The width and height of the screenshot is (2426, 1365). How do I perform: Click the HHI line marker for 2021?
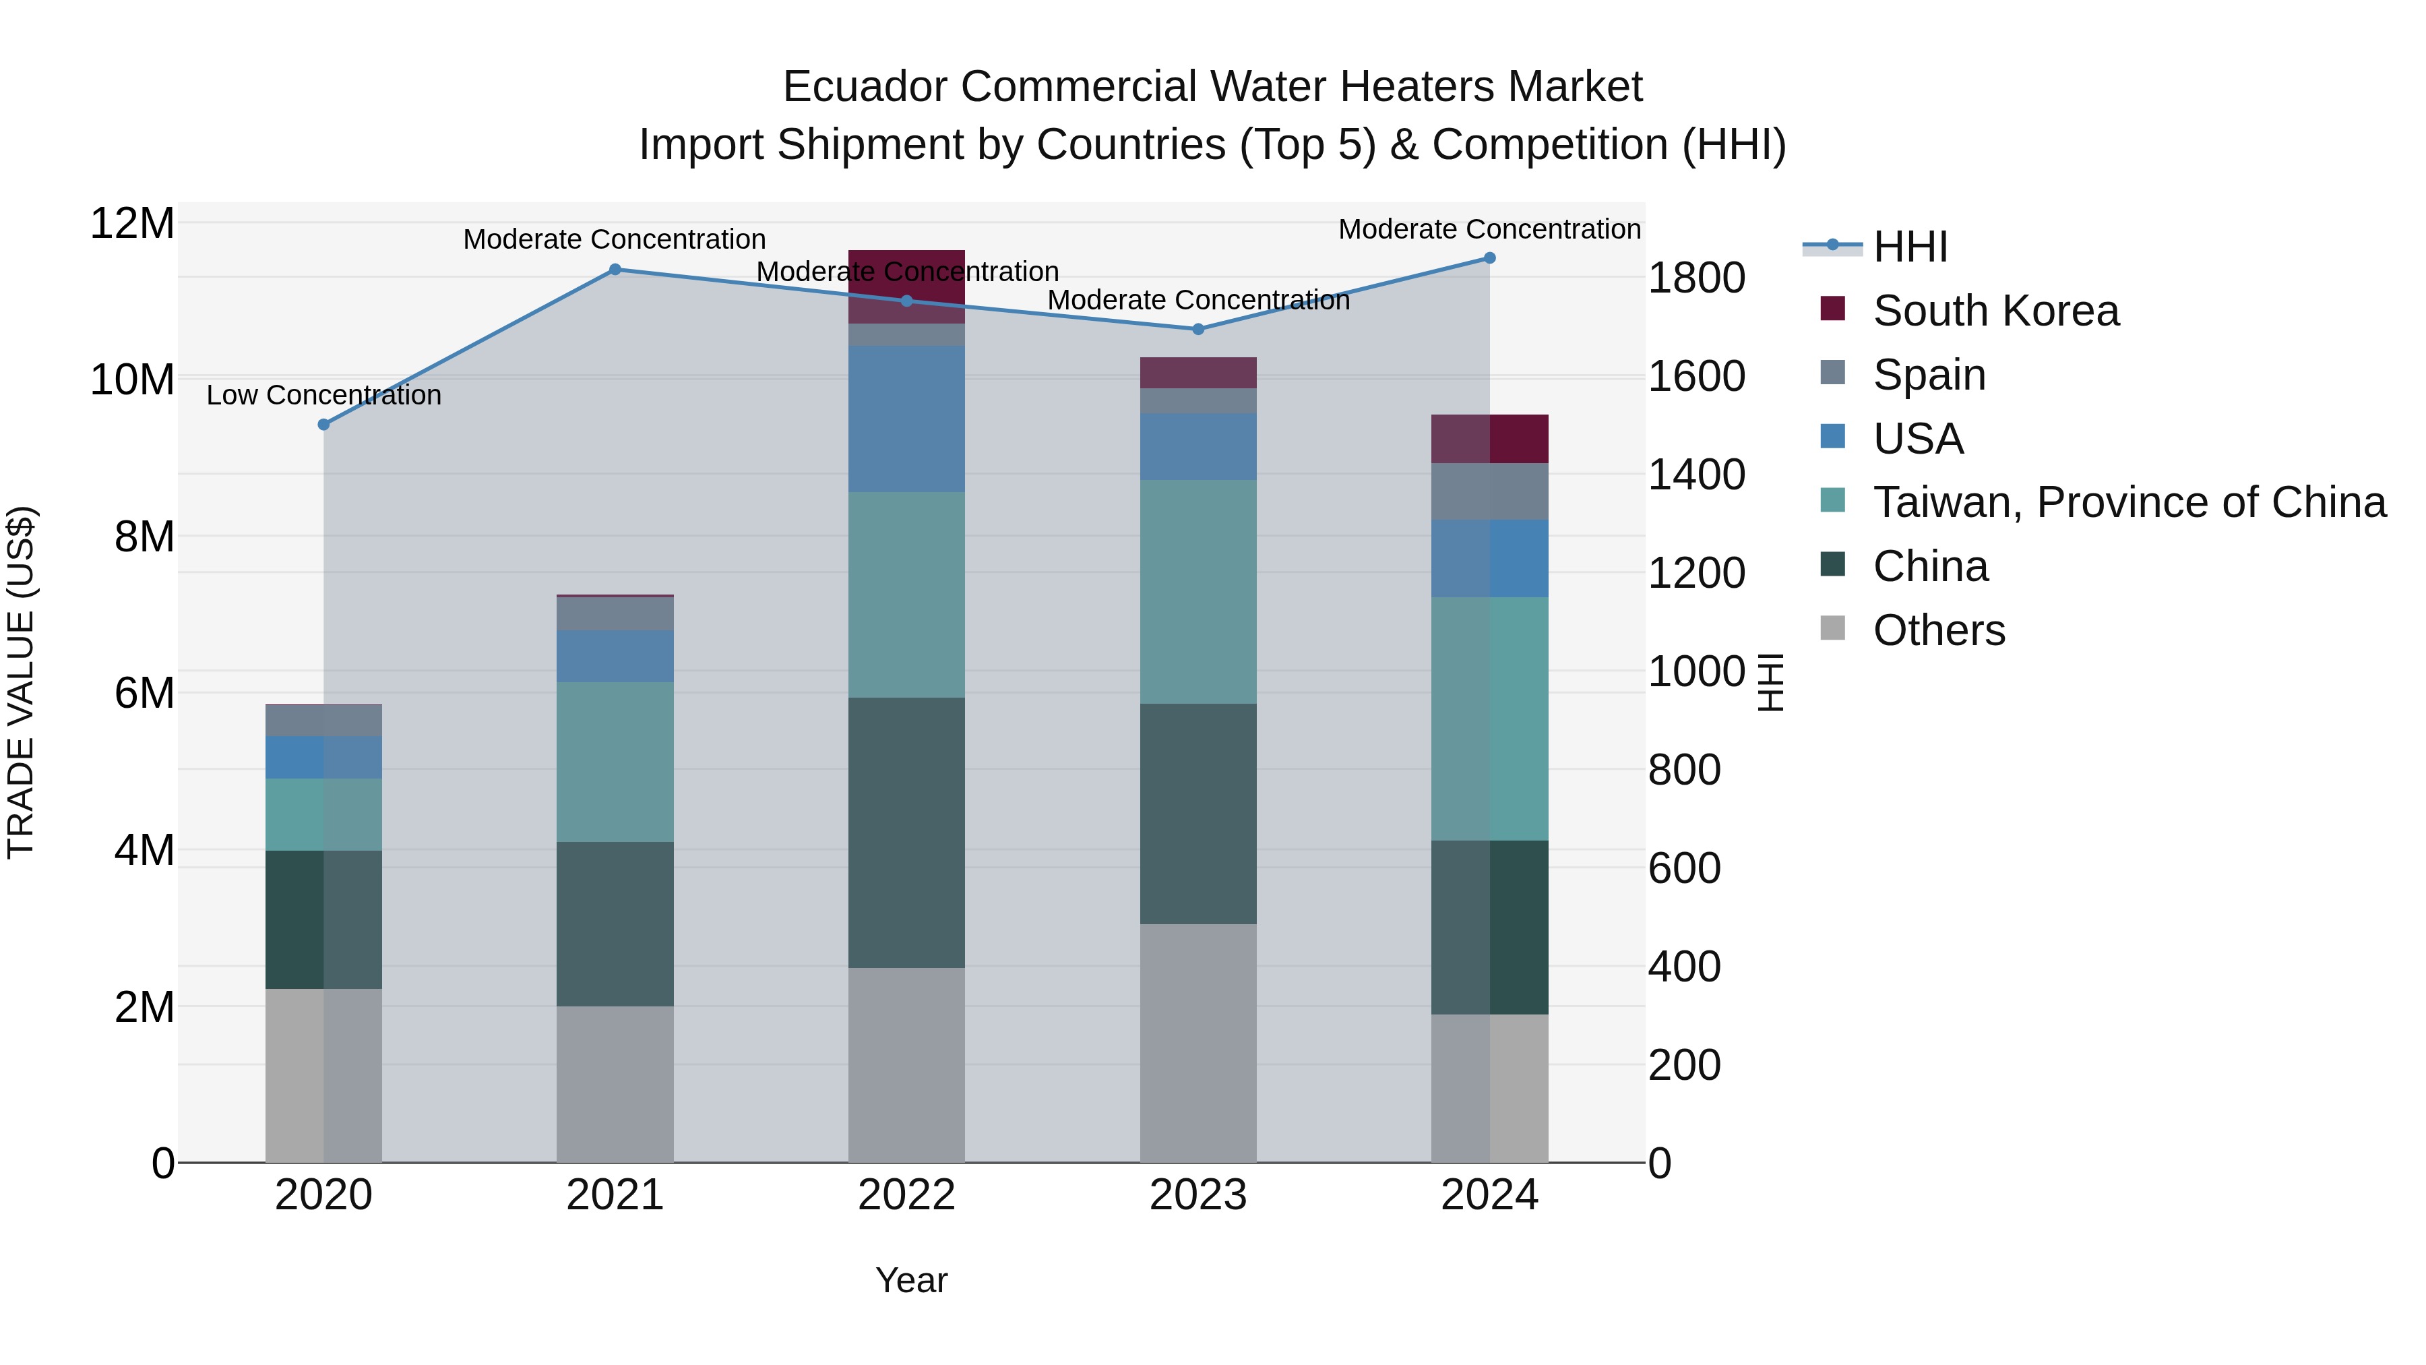coord(615,270)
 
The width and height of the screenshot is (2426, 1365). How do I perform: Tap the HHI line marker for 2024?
coord(1489,258)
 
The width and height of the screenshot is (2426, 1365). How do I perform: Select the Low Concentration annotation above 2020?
coord(323,395)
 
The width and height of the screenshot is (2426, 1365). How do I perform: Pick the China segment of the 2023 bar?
coord(1198,813)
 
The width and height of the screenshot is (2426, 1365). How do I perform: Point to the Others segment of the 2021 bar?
coord(615,1083)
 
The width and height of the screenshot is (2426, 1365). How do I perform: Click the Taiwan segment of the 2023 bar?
coord(1198,592)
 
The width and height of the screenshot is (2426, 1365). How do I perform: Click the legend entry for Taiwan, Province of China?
coord(2128,502)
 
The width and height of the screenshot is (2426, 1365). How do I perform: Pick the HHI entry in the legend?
coord(1909,247)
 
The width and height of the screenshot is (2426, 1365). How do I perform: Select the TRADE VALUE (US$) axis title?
coord(21,682)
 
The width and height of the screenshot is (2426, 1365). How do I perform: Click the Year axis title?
coord(910,1280)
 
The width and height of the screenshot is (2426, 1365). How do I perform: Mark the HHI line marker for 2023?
coord(1198,329)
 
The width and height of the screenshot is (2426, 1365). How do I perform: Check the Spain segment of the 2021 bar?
coord(615,613)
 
